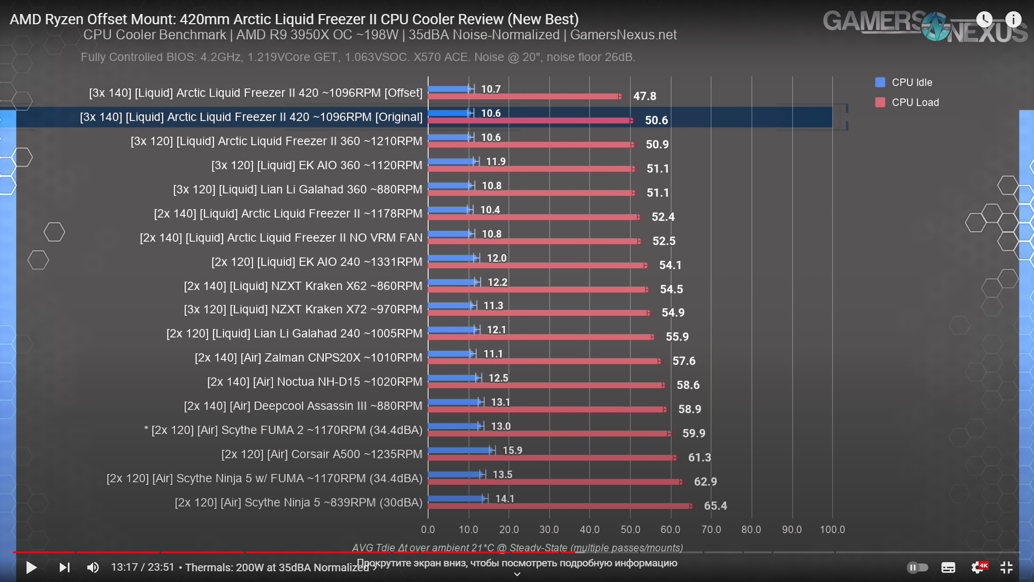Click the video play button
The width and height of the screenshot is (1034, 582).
tap(31, 567)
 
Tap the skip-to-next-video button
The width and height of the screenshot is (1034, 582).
tap(64, 567)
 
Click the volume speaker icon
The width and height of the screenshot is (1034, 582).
tap(93, 567)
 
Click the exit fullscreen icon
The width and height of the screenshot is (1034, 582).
tap(1006, 567)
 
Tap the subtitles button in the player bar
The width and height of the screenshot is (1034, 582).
tap(948, 567)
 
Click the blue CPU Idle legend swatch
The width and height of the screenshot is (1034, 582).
tap(881, 82)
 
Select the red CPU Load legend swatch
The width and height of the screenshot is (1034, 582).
tap(881, 102)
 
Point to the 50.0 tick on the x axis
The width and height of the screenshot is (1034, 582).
tap(630, 530)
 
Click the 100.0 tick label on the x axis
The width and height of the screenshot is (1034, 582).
tap(832, 530)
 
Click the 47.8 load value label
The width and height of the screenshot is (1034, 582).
tap(645, 96)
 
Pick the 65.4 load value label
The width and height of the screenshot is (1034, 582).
tap(715, 506)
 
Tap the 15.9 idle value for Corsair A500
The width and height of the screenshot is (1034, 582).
tap(512, 451)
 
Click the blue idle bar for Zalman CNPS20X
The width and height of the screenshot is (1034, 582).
tap(450, 354)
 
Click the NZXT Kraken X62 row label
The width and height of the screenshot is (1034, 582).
tap(303, 286)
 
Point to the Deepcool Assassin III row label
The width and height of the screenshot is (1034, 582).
tap(303, 406)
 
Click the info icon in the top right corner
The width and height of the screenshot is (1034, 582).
tap(1013, 20)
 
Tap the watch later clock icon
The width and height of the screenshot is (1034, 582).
tap(984, 20)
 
